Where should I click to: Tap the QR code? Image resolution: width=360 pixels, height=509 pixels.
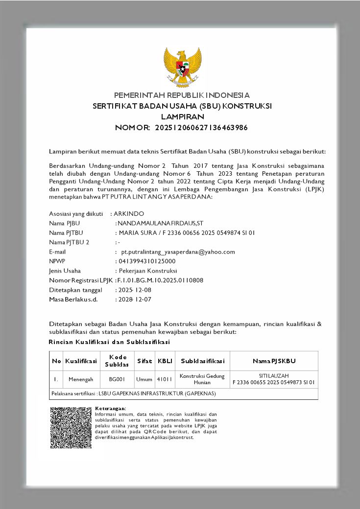71,427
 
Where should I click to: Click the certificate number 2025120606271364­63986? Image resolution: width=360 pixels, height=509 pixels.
201,128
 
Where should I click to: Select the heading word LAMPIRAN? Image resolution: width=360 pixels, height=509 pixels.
182,117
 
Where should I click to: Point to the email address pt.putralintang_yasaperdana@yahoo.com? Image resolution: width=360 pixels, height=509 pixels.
178,252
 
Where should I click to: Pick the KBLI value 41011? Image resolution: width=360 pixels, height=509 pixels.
165,379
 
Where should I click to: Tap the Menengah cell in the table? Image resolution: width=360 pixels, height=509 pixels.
81,379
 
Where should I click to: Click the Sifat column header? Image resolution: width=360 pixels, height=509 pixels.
144,361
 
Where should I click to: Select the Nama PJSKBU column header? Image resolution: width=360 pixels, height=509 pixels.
274,361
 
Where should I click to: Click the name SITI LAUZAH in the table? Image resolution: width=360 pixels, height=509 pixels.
274,375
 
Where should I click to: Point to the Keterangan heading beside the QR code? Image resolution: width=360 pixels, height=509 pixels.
110,408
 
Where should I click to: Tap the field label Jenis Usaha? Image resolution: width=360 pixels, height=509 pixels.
65,271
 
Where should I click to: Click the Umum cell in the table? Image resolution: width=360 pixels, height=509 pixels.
144,379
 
